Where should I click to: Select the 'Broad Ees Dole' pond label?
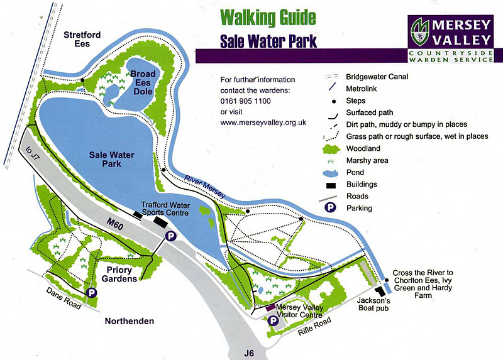coord(143,82)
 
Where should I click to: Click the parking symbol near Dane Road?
coord(91,293)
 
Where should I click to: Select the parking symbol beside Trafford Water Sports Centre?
coord(169,236)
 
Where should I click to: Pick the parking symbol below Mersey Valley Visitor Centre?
coord(273,321)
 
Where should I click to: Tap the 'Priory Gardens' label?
coord(118,275)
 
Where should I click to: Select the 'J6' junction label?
coord(250,354)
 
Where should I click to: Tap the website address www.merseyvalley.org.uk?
coord(263,123)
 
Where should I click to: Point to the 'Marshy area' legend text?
coord(367,160)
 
